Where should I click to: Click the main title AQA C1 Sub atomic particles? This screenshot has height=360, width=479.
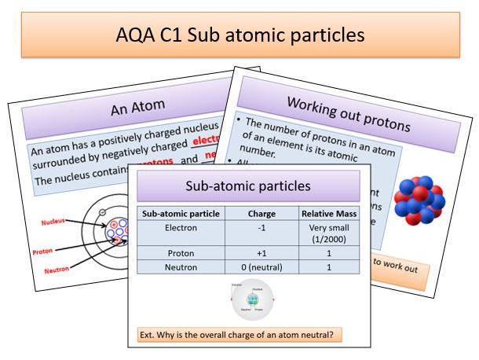coord(239,35)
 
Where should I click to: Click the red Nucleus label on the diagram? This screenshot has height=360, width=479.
coord(55,222)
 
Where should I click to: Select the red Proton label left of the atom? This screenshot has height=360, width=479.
coord(44,252)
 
